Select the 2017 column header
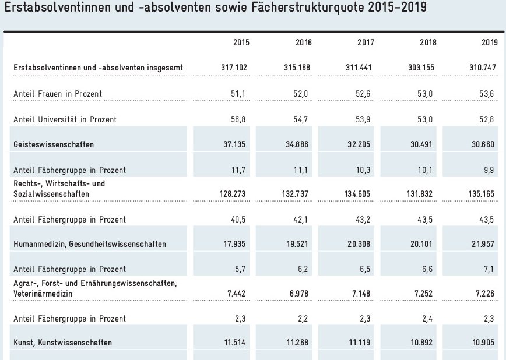(x=366, y=43)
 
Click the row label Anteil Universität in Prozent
(x=65, y=119)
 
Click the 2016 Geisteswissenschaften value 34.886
(x=297, y=143)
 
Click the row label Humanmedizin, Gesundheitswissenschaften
(x=90, y=244)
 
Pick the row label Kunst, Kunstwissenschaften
(x=62, y=343)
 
